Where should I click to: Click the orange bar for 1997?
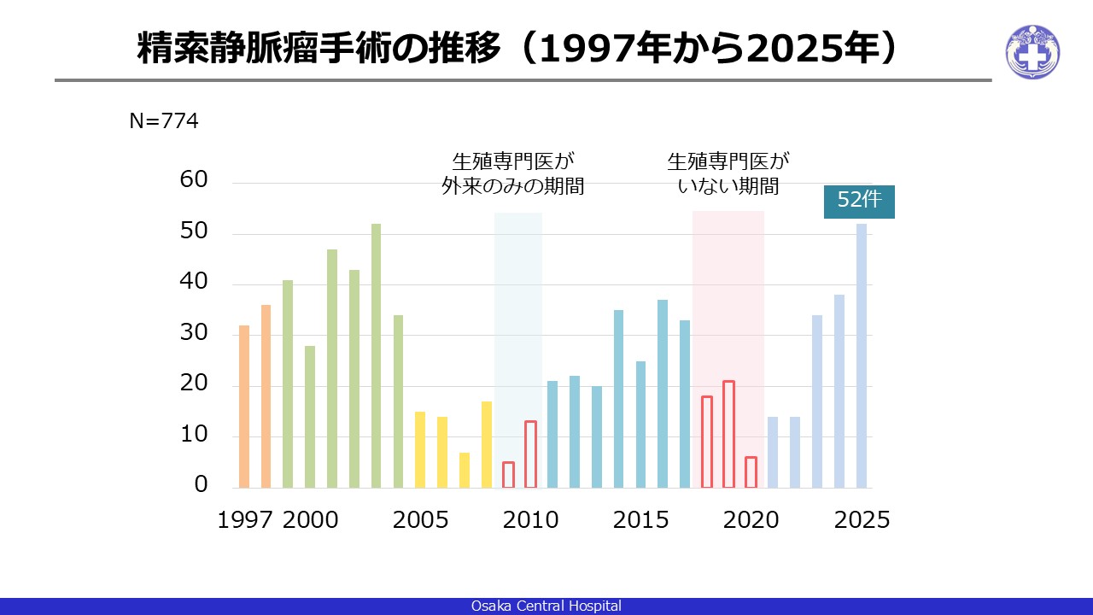click(244, 407)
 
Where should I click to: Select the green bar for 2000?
click(310, 417)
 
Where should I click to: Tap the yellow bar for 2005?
click(420, 450)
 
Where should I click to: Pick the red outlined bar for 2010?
click(530, 454)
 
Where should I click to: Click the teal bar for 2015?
click(640, 425)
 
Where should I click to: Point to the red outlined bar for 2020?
click(751, 472)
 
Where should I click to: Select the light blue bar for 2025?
click(862, 356)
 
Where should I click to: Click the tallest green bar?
click(377, 356)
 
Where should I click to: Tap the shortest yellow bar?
click(465, 471)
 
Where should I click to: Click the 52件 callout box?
click(859, 202)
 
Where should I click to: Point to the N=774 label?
click(164, 121)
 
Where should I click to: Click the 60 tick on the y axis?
click(194, 179)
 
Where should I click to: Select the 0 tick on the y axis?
click(201, 484)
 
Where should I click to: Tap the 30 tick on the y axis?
click(194, 332)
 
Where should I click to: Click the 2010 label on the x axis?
click(530, 520)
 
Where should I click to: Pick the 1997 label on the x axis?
click(244, 520)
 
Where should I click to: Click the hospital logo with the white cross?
click(1032, 52)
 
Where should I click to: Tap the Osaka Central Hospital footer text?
click(546, 606)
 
